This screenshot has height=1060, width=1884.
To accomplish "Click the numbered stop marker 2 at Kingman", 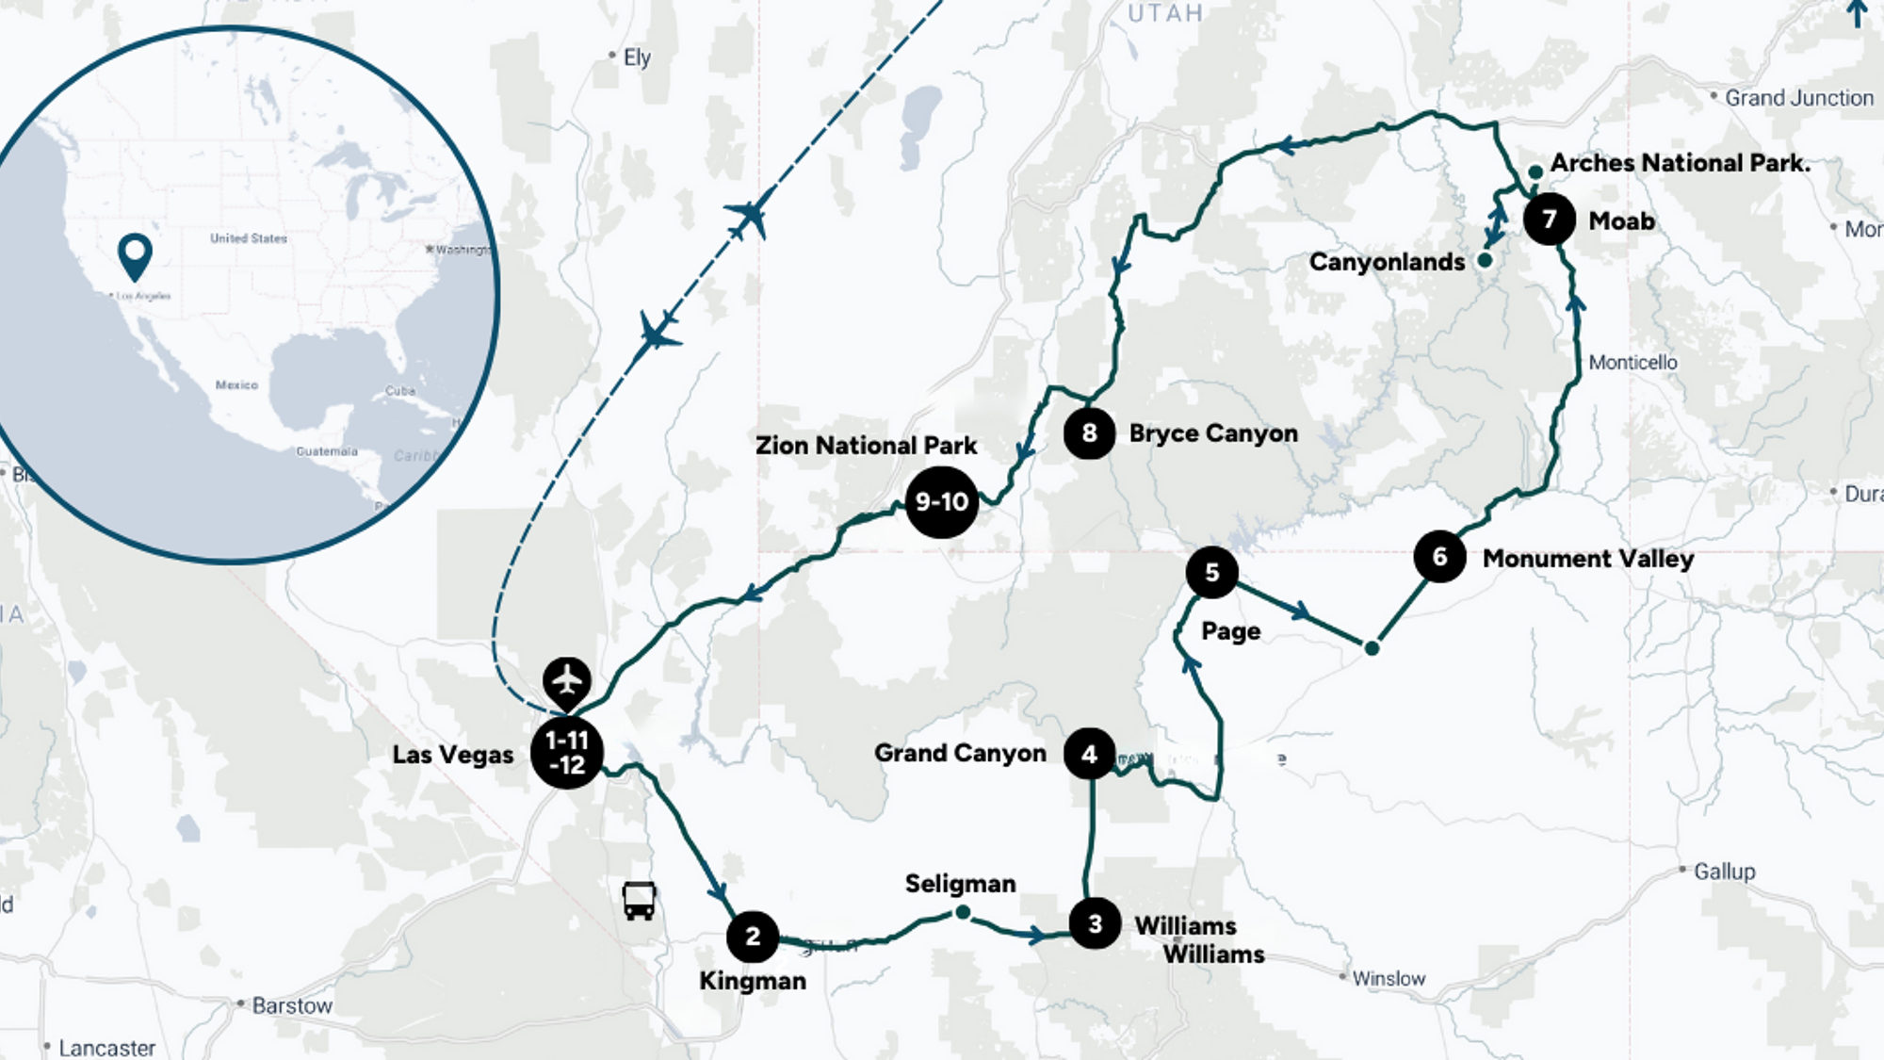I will tap(753, 937).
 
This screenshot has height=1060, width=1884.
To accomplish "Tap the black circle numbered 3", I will tap(1095, 923).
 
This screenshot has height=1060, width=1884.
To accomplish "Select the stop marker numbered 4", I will tap(1090, 754).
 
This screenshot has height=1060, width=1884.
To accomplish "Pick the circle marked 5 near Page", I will tap(1212, 572).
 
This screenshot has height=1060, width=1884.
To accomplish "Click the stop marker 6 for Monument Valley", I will tap(1439, 557).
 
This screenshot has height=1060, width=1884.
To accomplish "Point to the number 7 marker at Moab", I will tap(1550, 220).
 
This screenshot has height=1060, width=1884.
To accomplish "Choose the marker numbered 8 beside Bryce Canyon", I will tap(1090, 433).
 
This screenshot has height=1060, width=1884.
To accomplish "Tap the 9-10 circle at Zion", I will tap(941, 502).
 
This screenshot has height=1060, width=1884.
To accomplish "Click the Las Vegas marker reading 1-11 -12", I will tap(567, 753).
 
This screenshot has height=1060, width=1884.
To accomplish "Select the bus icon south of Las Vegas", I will tap(640, 901).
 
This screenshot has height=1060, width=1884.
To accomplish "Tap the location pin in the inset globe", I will tap(135, 255).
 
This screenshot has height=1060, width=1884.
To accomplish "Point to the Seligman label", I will tap(960, 884).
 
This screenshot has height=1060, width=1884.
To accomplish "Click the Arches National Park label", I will tap(1680, 163).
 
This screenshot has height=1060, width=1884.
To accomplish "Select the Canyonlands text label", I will tap(1387, 262).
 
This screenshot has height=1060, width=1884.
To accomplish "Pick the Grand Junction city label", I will tap(1798, 98).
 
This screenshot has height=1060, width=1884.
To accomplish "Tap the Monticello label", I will tap(1632, 363).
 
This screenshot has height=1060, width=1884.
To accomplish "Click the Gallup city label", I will tap(1724, 872).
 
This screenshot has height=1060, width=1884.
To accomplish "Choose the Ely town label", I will tap(637, 57).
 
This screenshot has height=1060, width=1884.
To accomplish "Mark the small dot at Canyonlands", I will tap(1486, 260).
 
